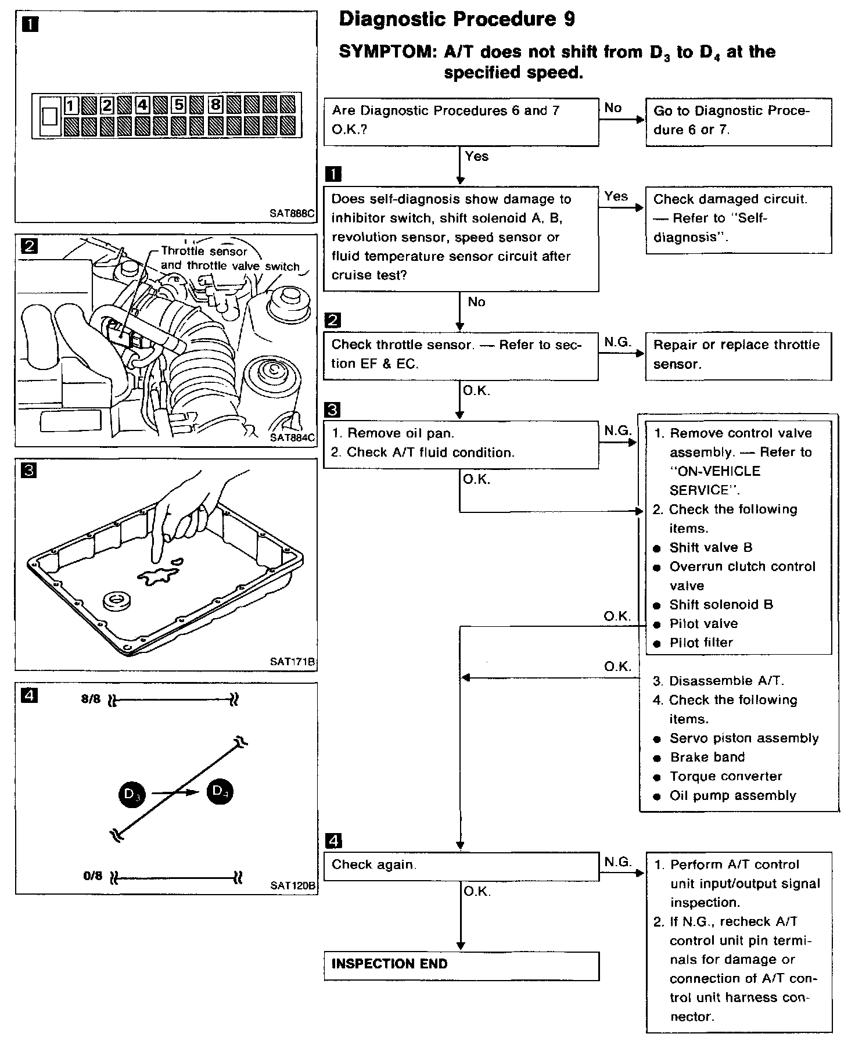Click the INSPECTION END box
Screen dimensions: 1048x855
(461, 966)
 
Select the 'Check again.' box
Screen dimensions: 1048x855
(461, 866)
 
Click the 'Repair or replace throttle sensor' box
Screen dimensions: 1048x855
(738, 356)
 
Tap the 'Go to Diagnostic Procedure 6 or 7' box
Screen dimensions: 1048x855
(738, 121)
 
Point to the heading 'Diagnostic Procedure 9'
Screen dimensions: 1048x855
(457, 20)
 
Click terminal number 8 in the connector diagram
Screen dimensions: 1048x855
(215, 105)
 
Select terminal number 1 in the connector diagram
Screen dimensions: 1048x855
(71, 106)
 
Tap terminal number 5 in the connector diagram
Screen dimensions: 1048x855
(179, 105)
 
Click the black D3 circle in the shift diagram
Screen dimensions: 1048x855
(132, 794)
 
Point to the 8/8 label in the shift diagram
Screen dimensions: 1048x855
(91, 699)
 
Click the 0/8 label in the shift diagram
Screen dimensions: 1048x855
(92, 875)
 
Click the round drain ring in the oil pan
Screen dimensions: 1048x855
(116, 601)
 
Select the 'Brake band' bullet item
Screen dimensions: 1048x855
(707, 758)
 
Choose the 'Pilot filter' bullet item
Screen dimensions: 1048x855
(701, 643)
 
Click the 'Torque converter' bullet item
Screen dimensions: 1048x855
(725, 777)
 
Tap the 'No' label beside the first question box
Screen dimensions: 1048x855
(613, 107)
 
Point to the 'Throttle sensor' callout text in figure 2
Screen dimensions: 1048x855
(204, 252)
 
